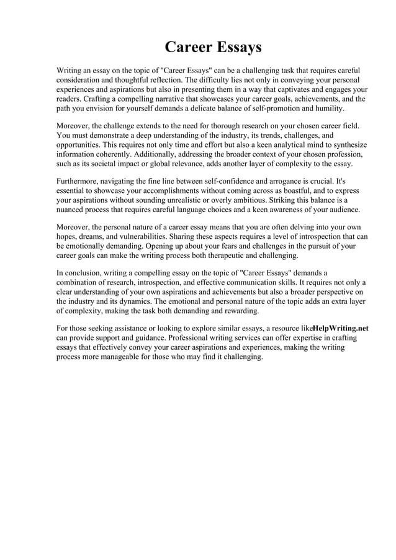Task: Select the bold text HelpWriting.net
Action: (341, 328)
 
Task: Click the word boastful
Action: (275, 191)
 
